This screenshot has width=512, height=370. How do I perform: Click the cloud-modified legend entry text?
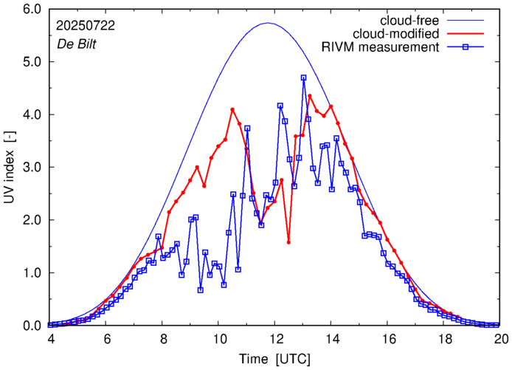(397, 33)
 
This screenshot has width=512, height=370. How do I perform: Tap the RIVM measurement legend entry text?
(381, 47)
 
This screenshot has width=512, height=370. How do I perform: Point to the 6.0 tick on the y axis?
(32, 10)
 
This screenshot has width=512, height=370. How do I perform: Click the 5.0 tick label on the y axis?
(32, 62)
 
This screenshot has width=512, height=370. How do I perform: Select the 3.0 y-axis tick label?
(32, 168)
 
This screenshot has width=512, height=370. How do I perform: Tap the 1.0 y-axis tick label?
(32, 273)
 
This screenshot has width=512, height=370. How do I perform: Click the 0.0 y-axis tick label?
(32, 326)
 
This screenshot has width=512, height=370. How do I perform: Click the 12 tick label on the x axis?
(275, 339)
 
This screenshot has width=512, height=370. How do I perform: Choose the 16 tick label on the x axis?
(388, 339)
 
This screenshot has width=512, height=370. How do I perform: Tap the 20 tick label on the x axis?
(501, 339)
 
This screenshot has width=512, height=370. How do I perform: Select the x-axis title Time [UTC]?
(274, 358)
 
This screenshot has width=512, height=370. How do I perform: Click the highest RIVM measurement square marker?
(304, 78)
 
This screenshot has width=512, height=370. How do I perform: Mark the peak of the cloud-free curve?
(268, 23)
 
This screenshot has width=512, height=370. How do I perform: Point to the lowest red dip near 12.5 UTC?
(288, 242)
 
